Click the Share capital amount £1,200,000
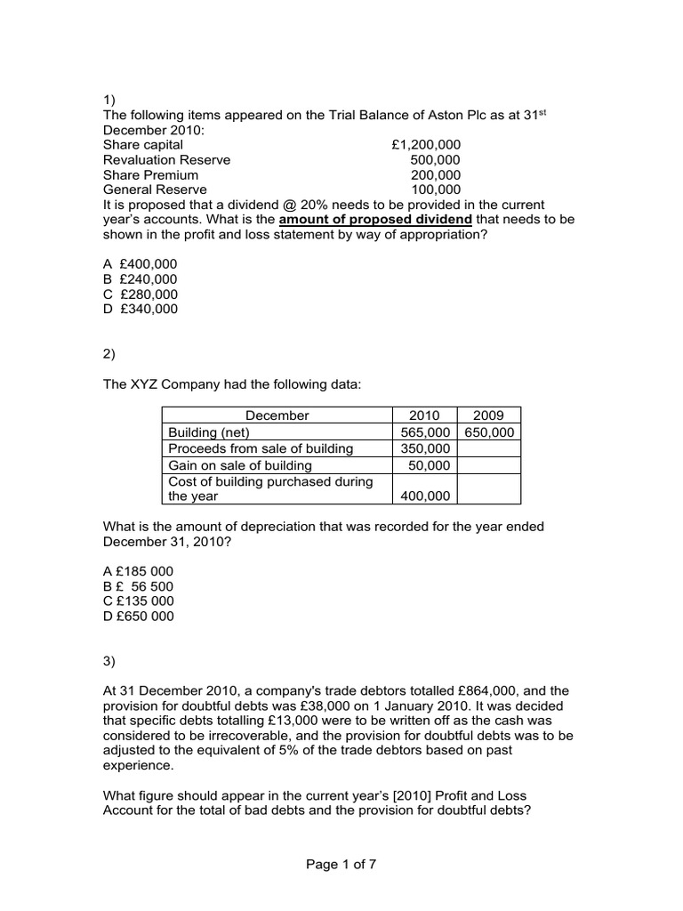426,144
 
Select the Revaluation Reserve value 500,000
436,159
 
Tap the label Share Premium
150,174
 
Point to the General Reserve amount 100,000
436,189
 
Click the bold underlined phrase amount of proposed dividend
375,220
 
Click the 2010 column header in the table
424,415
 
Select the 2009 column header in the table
488,415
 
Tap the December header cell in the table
277,415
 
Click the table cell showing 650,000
488,431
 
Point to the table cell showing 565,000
424,431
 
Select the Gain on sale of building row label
240,465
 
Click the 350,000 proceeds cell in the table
424,448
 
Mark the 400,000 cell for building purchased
426,496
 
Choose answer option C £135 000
139,601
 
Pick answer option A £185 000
139,571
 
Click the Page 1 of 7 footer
341,864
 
